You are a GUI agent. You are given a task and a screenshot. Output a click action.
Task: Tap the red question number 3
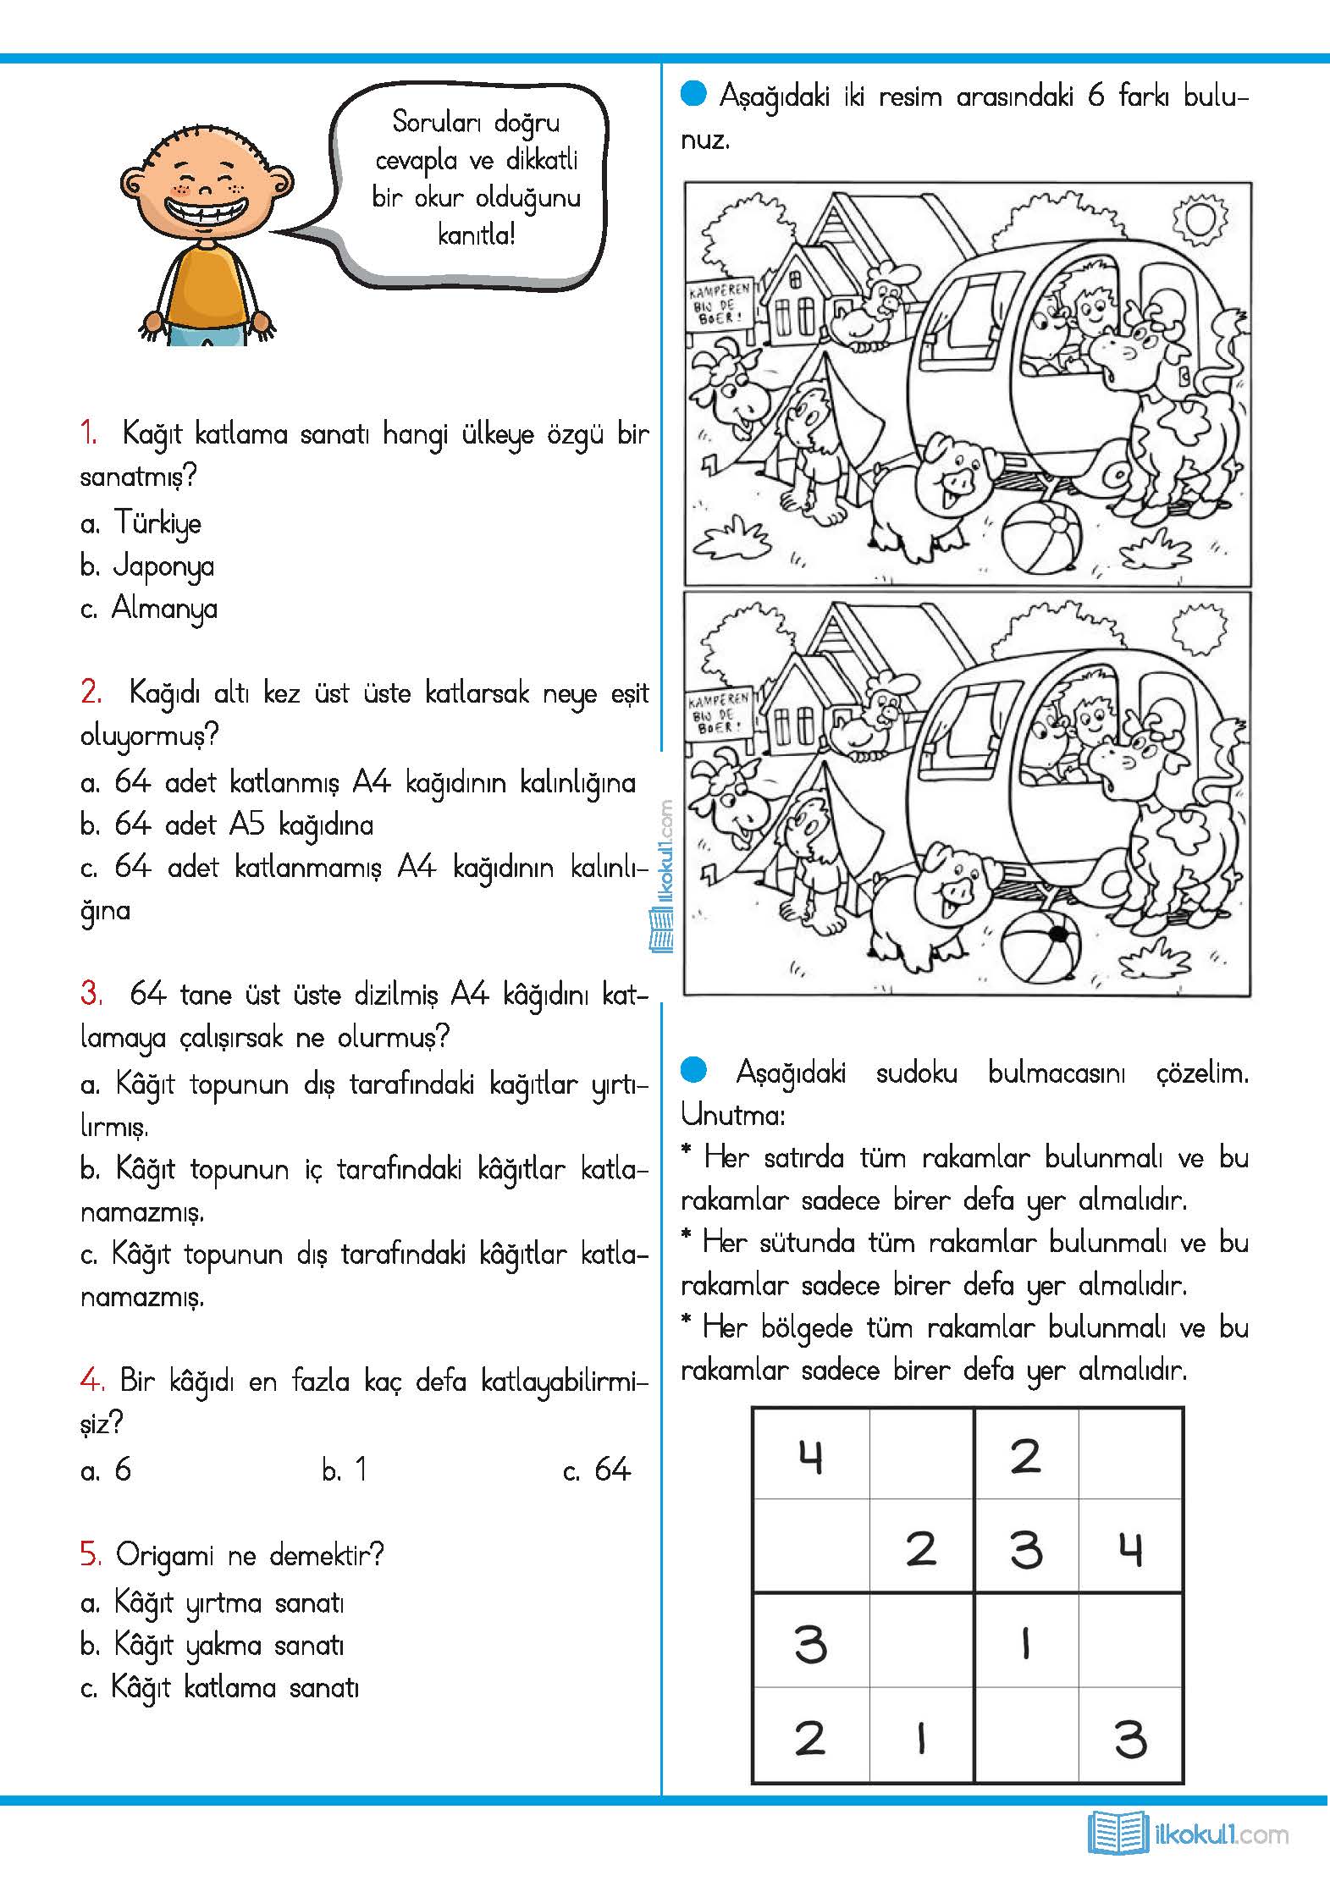91,994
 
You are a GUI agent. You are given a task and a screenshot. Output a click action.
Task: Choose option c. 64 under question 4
598,1470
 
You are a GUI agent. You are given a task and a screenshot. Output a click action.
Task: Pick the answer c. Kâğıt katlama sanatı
220,1688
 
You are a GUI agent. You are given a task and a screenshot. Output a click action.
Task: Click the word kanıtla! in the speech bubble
477,234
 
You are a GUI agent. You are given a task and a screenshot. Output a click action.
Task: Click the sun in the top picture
1199,220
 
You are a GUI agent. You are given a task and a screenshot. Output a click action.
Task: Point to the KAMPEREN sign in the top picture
720,304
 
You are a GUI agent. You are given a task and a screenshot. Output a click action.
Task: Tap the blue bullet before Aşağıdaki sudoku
693,1070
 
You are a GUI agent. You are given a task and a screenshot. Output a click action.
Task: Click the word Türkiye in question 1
158,523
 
